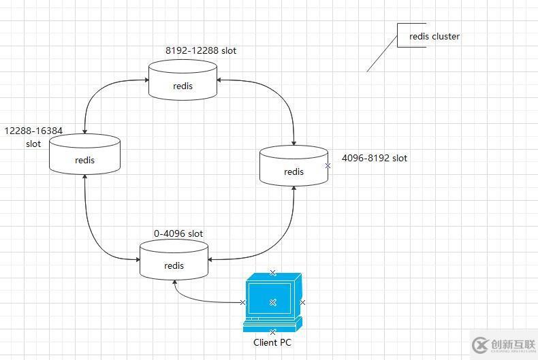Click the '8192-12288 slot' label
pyautogui.click(x=201, y=50)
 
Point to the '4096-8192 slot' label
pyautogui.click(x=375, y=158)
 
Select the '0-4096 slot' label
pyautogui.click(x=178, y=233)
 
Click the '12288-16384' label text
pyautogui.click(x=33, y=129)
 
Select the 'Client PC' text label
pyautogui.click(x=272, y=342)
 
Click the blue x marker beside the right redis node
pyautogui.click(x=328, y=165)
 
